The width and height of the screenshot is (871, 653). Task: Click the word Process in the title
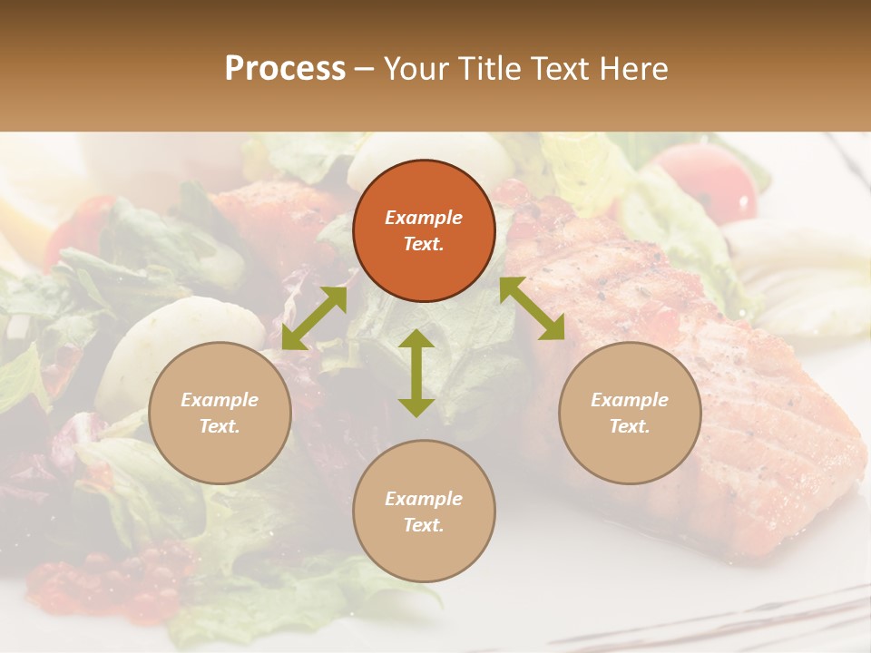(285, 69)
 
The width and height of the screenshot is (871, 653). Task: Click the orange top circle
(424, 230)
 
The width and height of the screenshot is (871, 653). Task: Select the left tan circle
(220, 413)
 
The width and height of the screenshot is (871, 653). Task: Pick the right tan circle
(630, 413)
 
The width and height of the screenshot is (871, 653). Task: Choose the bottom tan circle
(424, 512)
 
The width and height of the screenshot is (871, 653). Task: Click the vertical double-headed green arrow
(416, 373)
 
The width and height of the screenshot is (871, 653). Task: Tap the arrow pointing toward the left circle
(314, 318)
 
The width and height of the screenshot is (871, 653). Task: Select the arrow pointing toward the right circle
(533, 308)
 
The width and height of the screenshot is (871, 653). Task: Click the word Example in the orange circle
(424, 218)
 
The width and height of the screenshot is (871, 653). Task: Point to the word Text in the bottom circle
(424, 525)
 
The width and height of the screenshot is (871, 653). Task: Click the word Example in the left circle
(220, 400)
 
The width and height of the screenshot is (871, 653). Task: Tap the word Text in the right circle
(630, 426)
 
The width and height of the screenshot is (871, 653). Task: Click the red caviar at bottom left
(100, 580)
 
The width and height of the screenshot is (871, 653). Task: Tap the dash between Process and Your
(364, 69)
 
